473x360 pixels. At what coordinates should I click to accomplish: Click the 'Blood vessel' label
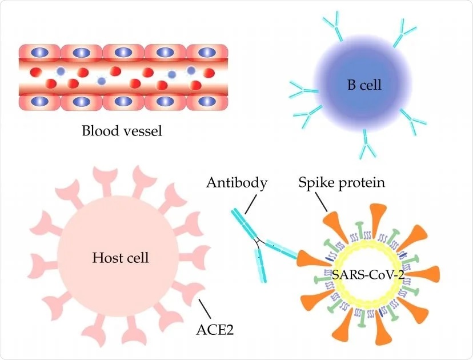(x=122, y=131)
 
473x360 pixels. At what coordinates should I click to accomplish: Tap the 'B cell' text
(x=364, y=85)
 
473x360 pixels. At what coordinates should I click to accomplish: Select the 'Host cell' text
(x=121, y=258)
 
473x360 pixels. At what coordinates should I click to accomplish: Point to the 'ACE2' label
(x=215, y=330)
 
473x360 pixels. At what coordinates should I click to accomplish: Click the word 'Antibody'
(x=237, y=183)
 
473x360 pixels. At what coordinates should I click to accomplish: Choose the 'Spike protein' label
(x=342, y=182)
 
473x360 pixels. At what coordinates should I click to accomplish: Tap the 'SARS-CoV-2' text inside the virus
(x=368, y=275)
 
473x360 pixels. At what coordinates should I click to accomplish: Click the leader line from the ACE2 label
(x=204, y=309)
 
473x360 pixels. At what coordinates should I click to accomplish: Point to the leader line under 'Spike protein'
(x=321, y=202)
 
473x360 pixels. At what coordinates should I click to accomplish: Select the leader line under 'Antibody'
(x=251, y=205)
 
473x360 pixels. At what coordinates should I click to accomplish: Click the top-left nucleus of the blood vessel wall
(x=40, y=53)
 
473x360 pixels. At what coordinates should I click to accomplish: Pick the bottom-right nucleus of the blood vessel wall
(x=207, y=101)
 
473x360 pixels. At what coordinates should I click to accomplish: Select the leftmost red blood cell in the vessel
(x=36, y=73)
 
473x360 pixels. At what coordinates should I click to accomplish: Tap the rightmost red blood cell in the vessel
(x=209, y=73)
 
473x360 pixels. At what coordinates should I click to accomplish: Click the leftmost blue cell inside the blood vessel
(x=61, y=71)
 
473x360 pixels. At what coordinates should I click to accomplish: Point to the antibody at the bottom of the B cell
(x=367, y=144)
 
